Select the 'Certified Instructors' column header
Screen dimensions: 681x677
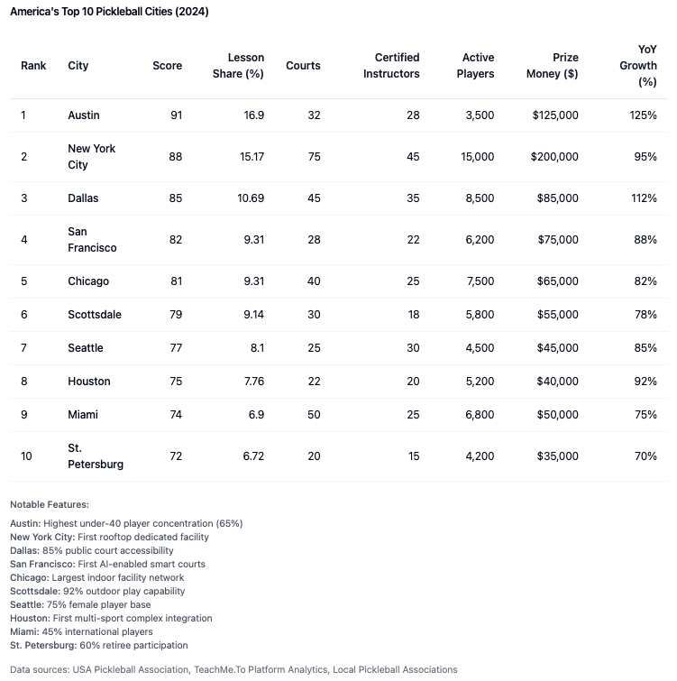click(x=391, y=66)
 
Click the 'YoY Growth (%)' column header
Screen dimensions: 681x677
click(x=646, y=66)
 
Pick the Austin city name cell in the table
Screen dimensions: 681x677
click(x=84, y=115)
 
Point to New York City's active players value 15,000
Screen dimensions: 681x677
click(x=477, y=157)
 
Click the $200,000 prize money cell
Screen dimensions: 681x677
click(x=555, y=157)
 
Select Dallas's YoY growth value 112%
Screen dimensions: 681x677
click(x=644, y=198)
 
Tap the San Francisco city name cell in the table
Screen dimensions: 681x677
click(x=92, y=240)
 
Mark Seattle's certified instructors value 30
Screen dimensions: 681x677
click(x=412, y=348)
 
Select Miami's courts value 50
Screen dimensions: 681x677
click(x=314, y=415)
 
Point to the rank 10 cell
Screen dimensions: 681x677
click(x=27, y=456)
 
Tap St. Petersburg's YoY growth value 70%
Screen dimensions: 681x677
click(x=645, y=456)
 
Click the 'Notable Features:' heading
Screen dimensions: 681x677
click(x=50, y=505)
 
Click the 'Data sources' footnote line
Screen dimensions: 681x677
click(x=233, y=669)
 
